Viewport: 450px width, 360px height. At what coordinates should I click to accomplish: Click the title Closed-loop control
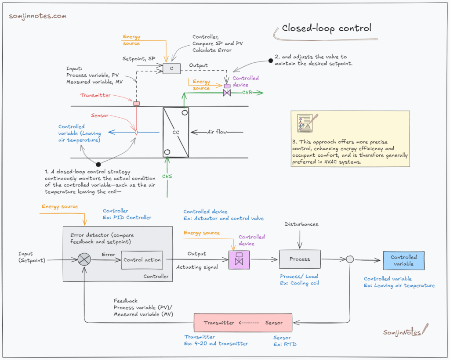click(x=327, y=28)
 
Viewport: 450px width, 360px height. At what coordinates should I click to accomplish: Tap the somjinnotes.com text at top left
click(x=38, y=16)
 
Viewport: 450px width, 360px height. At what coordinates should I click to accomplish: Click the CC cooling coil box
click(x=175, y=132)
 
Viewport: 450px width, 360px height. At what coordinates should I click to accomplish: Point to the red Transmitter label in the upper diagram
click(x=95, y=95)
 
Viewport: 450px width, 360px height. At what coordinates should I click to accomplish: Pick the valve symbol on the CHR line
click(x=227, y=93)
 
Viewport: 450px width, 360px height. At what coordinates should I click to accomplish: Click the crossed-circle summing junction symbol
click(x=84, y=259)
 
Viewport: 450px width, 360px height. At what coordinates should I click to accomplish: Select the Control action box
click(x=142, y=260)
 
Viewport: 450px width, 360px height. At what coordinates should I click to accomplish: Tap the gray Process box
click(x=300, y=259)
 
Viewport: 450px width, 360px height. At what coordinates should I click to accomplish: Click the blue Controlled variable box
click(x=403, y=260)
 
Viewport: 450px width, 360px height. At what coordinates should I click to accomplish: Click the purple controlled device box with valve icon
click(x=239, y=259)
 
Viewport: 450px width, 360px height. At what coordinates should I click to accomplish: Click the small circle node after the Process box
click(x=350, y=259)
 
